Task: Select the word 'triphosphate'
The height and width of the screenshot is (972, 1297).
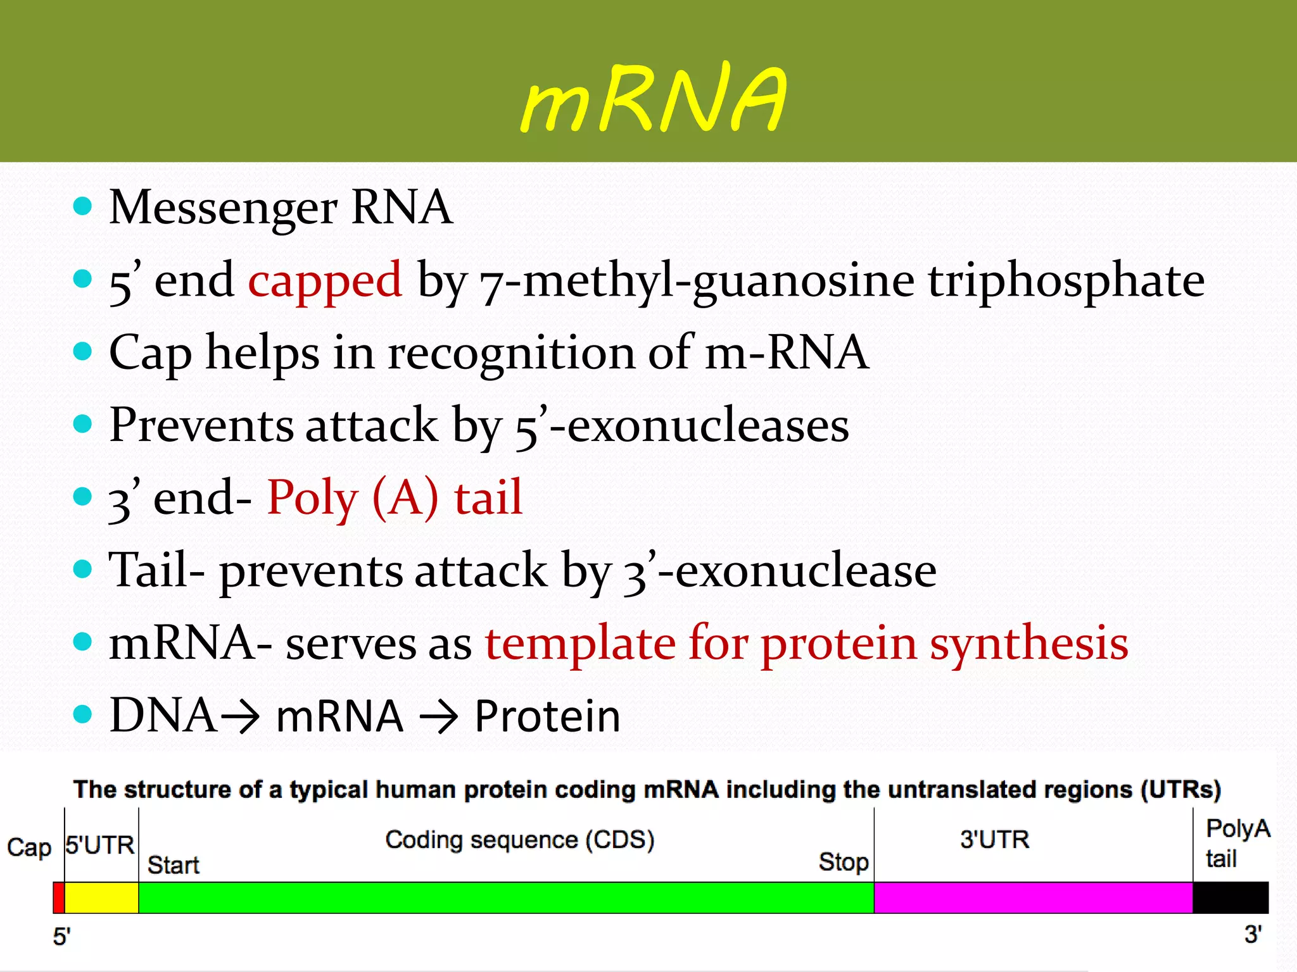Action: [1066, 281]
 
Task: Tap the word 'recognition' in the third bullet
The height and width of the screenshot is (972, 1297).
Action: [510, 353]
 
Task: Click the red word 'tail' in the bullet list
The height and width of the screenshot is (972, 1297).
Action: [488, 497]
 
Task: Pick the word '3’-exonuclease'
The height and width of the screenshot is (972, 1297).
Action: [779, 571]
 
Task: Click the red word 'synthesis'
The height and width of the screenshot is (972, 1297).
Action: [1029, 644]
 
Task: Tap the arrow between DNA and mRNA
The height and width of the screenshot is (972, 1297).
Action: [239, 717]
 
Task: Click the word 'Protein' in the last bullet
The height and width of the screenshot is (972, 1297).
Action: [548, 717]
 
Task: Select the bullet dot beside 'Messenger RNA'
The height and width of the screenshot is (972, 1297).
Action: [82, 206]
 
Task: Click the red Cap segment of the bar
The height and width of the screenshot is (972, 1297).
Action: [58, 897]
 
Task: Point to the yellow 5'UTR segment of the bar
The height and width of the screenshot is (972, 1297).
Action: [101, 897]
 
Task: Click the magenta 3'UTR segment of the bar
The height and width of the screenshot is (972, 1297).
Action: [1032, 897]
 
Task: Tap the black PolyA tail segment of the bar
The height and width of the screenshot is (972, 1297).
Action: [1230, 897]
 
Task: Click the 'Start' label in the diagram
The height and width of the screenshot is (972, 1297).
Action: [173, 865]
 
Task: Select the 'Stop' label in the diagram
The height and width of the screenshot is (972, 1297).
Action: [843, 862]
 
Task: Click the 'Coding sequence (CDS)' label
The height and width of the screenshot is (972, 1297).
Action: [519, 840]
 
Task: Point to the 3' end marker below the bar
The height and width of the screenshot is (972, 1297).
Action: [1253, 935]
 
